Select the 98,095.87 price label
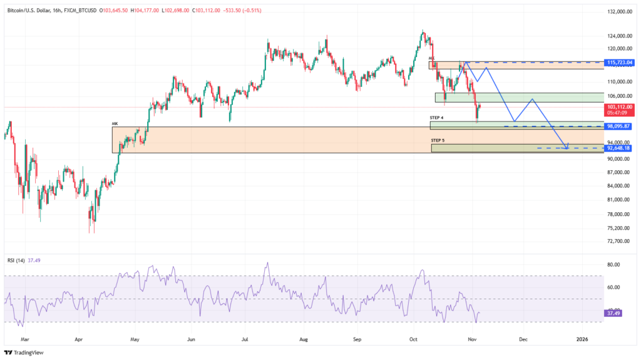point(618,126)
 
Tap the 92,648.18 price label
point(618,148)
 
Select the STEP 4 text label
point(437,118)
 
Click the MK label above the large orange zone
point(115,124)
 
